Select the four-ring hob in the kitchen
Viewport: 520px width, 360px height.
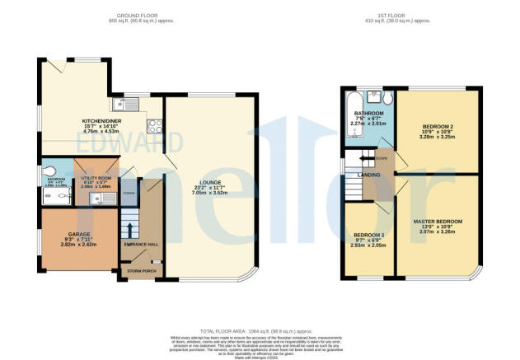pos(153,127)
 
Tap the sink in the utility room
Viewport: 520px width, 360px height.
pos(96,198)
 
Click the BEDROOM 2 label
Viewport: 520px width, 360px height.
pos(437,126)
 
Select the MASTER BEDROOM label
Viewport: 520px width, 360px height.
pos(438,222)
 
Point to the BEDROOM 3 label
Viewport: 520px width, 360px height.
pos(368,236)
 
